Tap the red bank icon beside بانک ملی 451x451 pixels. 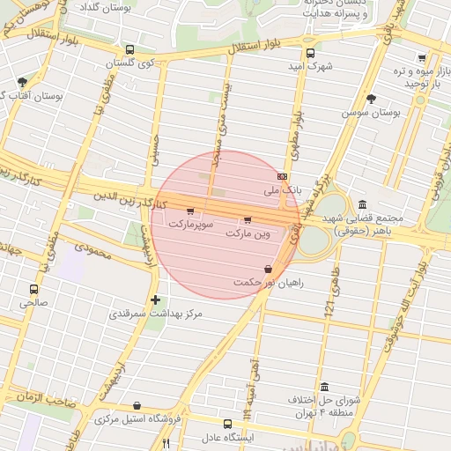[281, 175]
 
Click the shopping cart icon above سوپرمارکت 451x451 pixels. [190, 211]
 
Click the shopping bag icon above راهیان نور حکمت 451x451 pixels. [268, 269]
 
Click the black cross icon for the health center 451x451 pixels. [157, 299]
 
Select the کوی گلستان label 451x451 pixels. [130, 63]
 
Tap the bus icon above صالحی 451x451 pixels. [34, 289]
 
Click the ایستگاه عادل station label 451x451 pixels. [228, 437]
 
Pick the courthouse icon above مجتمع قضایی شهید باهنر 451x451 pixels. [362, 203]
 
